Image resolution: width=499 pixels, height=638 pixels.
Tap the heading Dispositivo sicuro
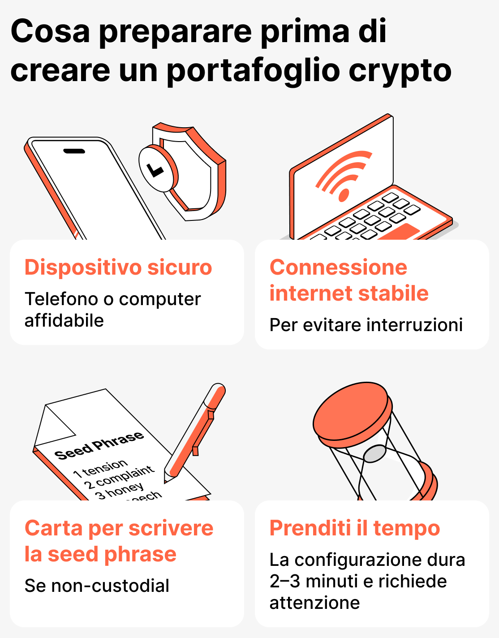118,267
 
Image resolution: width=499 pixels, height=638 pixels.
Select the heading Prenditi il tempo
354,528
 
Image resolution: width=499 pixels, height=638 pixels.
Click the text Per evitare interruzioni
366,325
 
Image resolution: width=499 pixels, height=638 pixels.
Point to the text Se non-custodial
97,586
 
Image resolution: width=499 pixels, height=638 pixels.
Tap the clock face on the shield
155,169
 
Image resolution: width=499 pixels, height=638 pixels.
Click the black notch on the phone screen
74,151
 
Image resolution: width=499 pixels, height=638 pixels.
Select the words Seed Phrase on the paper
99,446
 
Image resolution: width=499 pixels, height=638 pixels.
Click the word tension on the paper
105,467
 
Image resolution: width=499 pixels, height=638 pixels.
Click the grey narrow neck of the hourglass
374,453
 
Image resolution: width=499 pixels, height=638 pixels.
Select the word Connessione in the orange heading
338,267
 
